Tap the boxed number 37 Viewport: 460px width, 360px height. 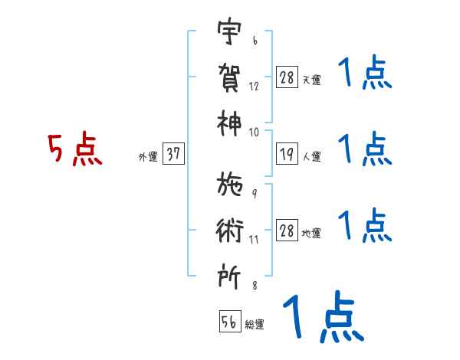point(173,154)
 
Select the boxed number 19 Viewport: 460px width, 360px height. point(286,154)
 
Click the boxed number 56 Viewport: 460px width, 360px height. point(229,322)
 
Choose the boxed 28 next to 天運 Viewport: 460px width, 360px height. point(286,77)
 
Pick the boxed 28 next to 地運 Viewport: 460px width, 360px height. point(286,231)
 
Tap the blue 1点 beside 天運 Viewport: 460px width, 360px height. point(364,75)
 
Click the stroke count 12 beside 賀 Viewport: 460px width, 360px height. point(254,86)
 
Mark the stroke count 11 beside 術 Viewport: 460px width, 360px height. point(254,239)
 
